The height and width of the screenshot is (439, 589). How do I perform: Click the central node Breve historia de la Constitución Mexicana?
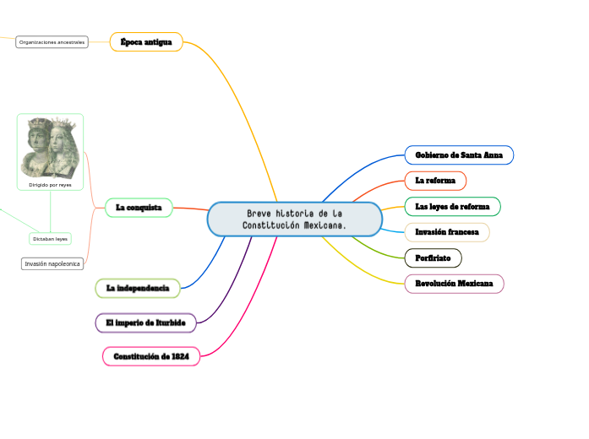294,219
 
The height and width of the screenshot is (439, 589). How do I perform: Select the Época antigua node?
146,41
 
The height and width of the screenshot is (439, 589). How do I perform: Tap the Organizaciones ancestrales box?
52,41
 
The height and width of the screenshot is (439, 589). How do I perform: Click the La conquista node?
139,207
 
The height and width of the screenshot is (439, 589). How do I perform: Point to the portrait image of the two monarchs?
50,147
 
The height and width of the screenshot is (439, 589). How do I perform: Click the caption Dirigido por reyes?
50,184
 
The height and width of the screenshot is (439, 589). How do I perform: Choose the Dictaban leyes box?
50,239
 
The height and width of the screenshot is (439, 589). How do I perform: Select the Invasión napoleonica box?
52,263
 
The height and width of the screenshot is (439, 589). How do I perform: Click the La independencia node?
138,289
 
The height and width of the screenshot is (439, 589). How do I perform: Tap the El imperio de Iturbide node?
146,322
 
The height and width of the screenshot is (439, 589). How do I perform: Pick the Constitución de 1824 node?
151,356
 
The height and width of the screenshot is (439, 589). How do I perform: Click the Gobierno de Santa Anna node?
459,154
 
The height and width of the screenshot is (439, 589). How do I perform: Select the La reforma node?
435,181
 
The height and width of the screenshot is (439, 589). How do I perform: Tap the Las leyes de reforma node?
452,206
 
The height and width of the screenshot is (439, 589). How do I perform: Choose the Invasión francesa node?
447,231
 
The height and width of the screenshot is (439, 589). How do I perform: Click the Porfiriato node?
433,257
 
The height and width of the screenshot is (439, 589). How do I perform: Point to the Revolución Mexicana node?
454,284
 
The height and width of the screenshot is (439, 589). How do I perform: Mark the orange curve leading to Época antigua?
245,110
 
